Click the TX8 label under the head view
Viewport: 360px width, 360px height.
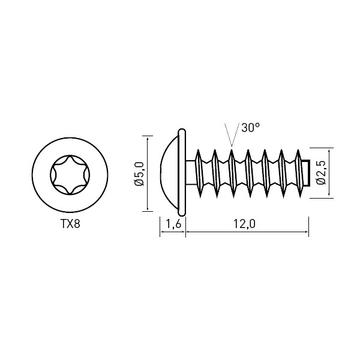pos(70,224)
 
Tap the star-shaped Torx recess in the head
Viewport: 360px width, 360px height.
pos(70,175)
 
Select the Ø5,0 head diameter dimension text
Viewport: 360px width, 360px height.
pos(140,174)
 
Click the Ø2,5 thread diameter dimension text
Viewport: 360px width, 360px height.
pos(321,173)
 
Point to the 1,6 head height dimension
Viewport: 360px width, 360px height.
pos(173,224)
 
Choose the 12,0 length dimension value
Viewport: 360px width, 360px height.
pos(244,224)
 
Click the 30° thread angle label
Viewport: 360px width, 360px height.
pos(250,127)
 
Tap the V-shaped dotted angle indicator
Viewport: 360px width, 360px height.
pos(232,136)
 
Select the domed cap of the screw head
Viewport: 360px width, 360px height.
pos(169,173)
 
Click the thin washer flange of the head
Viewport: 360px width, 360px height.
pos(182,172)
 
